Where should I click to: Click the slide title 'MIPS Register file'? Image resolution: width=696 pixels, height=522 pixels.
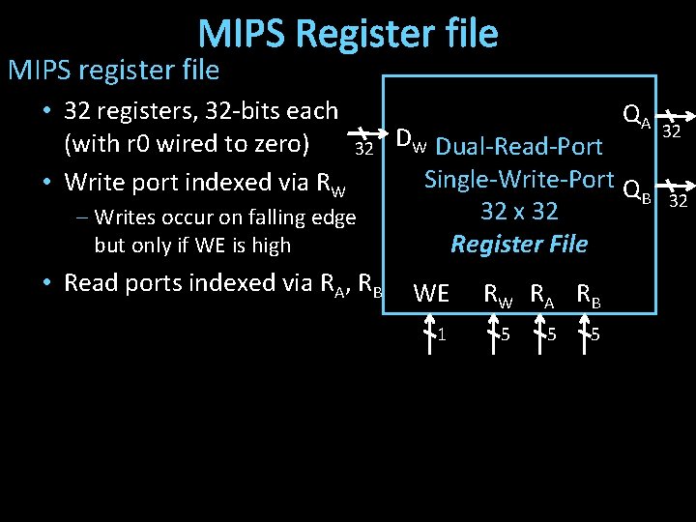(x=348, y=34)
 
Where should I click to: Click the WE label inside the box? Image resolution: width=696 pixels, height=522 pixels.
(x=431, y=294)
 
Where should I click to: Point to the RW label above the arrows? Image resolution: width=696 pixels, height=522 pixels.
(x=499, y=294)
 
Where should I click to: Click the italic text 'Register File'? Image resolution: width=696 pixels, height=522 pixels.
(x=519, y=244)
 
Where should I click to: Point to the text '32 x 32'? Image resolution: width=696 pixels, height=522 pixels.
(x=519, y=211)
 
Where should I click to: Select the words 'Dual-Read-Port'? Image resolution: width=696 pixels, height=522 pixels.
(x=519, y=147)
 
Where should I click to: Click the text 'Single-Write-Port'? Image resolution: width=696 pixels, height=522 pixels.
(x=519, y=179)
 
